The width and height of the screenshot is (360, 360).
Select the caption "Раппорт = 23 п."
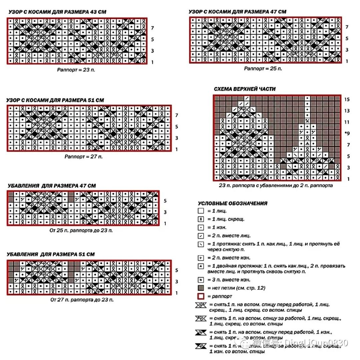[76, 70]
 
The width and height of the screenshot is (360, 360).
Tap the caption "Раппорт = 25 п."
[263, 69]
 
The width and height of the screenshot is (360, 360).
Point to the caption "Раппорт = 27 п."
[84, 157]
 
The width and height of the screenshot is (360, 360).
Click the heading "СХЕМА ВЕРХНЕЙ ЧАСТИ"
[245, 89]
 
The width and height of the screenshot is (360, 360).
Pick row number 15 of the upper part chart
[347, 100]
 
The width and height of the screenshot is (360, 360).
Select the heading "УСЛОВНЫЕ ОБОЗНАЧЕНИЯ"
[233, 203]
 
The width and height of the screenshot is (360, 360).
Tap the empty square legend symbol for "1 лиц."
[201, 211]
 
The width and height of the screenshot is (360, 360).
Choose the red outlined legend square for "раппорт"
[201, 296]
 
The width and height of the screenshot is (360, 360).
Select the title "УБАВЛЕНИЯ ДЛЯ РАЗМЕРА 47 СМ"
[51, 185]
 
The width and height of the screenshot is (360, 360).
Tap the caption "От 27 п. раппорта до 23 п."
[82, 300]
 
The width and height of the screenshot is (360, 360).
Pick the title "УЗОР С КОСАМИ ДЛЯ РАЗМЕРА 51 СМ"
[55, 100]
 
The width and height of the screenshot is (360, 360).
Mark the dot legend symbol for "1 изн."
[201, 227]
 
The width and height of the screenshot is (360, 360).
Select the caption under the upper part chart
[276, 185]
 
